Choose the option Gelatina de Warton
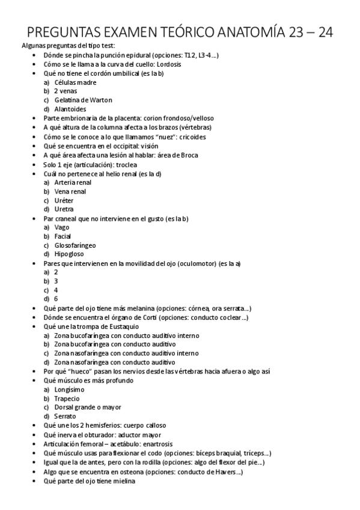[83, 100]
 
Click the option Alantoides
[70, 109]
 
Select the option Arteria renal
[73, 182]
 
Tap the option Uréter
[64, 200]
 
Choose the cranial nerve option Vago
[63, 227]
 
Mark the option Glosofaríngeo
[75, 245]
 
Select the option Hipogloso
[69, 254]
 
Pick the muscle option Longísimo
[70, 390]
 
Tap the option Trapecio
[67, 399]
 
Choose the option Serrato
[65, 417]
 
